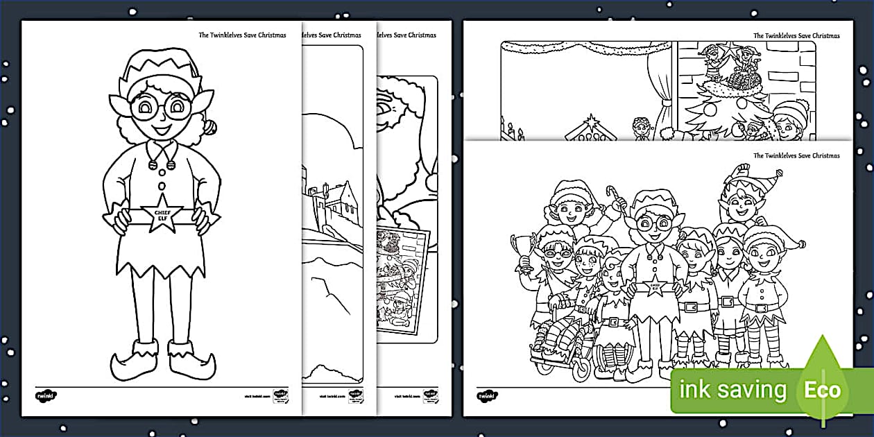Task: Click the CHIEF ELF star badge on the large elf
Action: (161, 217)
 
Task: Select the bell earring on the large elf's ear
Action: (209, 127)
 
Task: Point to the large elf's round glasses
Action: (161, 108)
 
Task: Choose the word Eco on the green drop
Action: (822, 389)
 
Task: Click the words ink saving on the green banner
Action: (732, 390)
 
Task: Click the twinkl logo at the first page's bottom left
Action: (45, 395)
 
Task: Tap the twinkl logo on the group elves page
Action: (487, 395)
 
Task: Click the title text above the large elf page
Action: (242, 35)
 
